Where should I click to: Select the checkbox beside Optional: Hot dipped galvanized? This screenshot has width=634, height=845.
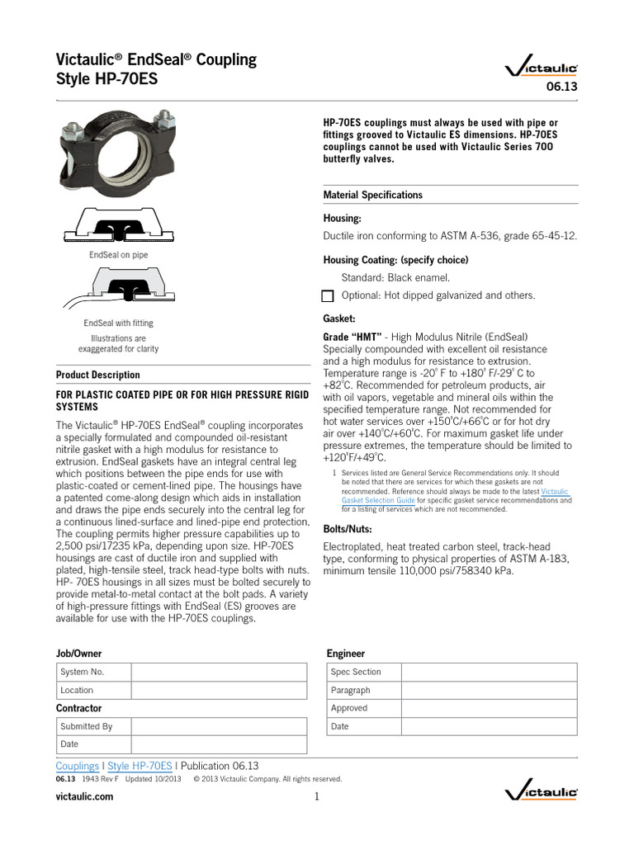click(x=327, y=296)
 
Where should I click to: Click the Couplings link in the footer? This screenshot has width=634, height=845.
click(x=77, y=765)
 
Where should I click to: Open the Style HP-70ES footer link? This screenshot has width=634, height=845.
click(x=140, y=765)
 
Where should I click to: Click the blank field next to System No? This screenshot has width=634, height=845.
click(x=219, y=672)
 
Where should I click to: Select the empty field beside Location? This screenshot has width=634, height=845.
click(x=219, y=690)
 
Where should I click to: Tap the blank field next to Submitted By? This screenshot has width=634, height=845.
click(x=219, y=726)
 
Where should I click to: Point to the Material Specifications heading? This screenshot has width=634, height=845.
click(x=372, y=195)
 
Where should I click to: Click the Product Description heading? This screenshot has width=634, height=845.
click(x=97, y=375)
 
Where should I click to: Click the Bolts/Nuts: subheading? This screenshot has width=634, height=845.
click(x=347, y=528)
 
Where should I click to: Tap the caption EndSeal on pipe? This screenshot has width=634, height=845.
click(x=118, y=255)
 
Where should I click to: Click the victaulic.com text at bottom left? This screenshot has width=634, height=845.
click(x=84, y=796)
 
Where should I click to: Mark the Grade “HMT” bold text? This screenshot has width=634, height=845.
click(x=352, y=337)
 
